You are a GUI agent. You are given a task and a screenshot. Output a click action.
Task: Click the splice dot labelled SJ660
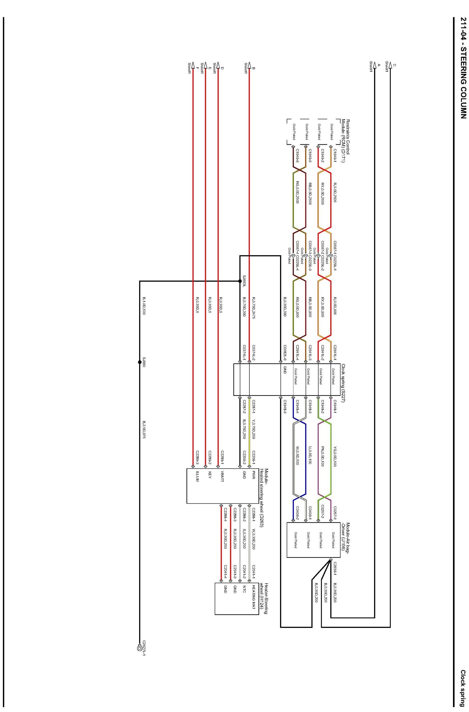click(139, 362)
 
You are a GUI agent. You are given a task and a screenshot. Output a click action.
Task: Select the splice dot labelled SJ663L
click(239, 281)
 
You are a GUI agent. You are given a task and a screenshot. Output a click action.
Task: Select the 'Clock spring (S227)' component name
click(343, 383)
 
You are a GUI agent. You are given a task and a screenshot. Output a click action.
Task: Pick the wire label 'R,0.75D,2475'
click(253, 306)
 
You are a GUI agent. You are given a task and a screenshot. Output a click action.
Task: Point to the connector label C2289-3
click(197, 457)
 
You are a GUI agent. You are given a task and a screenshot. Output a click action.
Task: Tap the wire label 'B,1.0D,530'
click(144, 306)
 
